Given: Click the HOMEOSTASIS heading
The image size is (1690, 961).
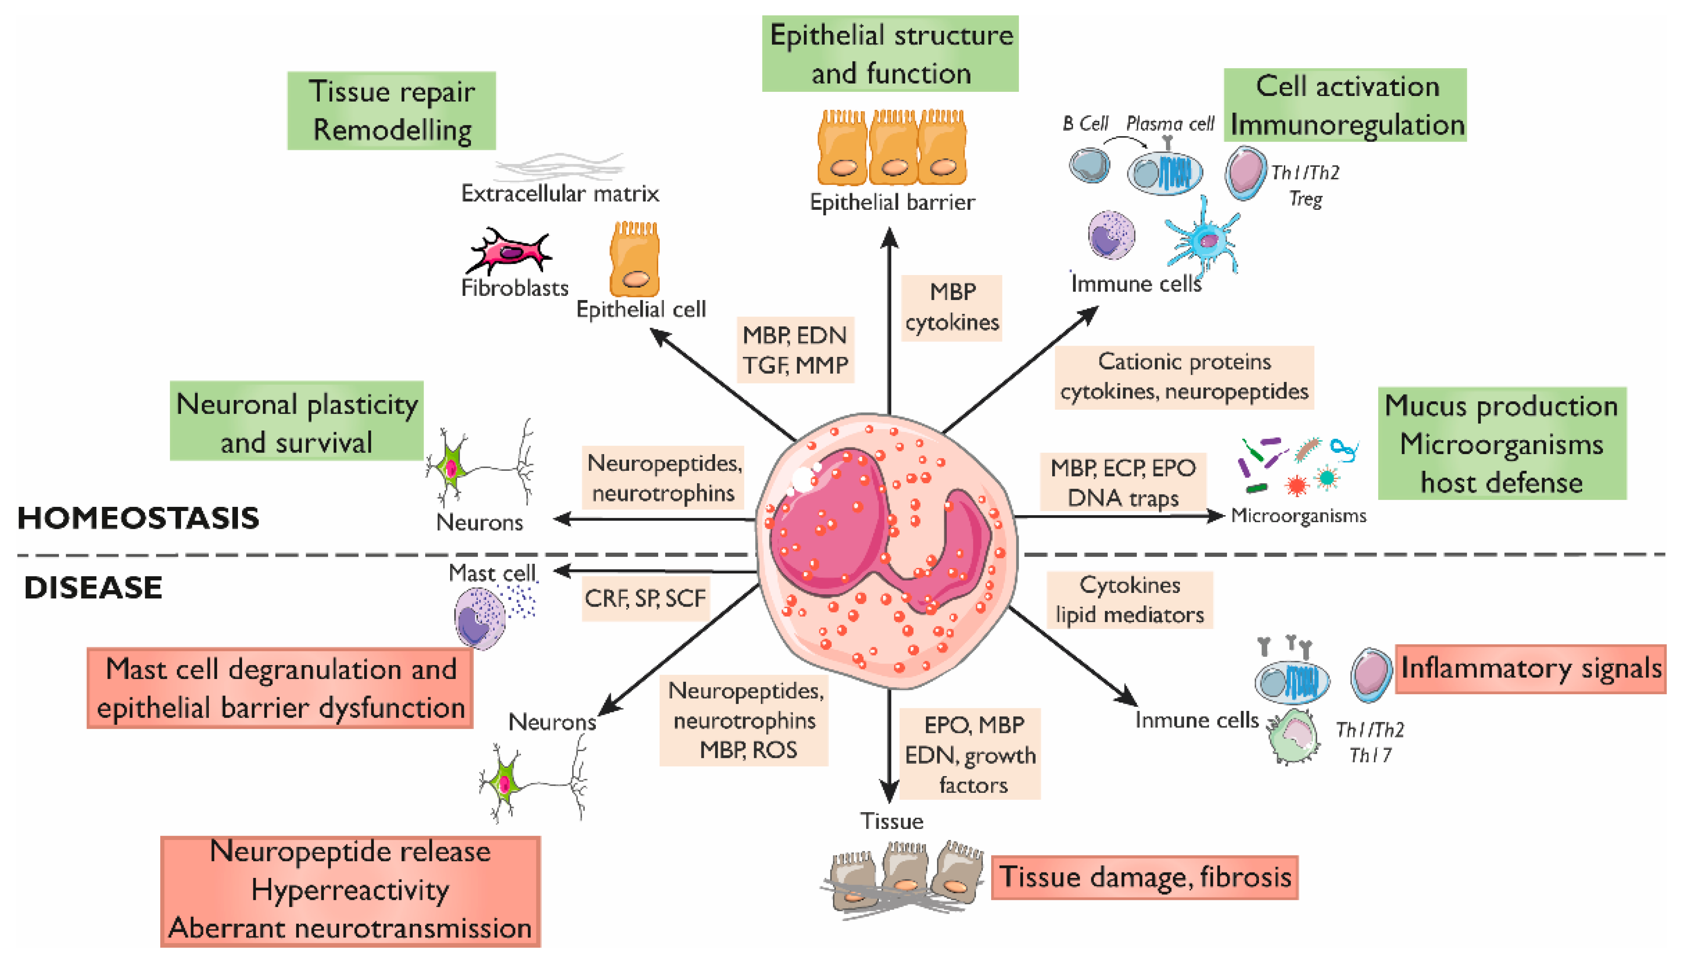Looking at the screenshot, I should (138, 518).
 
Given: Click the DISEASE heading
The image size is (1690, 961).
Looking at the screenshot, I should (93, 587).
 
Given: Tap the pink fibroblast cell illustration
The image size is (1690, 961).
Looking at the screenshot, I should (509, 252).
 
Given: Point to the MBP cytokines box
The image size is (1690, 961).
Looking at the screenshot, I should (951, 307).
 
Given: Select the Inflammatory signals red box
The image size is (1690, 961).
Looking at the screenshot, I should (1531, 668).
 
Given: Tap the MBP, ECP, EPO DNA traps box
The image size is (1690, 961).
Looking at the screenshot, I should (1123, 482).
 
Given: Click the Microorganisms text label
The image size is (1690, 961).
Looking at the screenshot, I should (1298, 516).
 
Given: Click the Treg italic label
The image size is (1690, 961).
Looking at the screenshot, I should (1305, 198).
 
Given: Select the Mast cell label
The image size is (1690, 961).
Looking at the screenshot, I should (492, 572).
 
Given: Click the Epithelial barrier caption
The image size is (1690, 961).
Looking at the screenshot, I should (892, 202).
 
